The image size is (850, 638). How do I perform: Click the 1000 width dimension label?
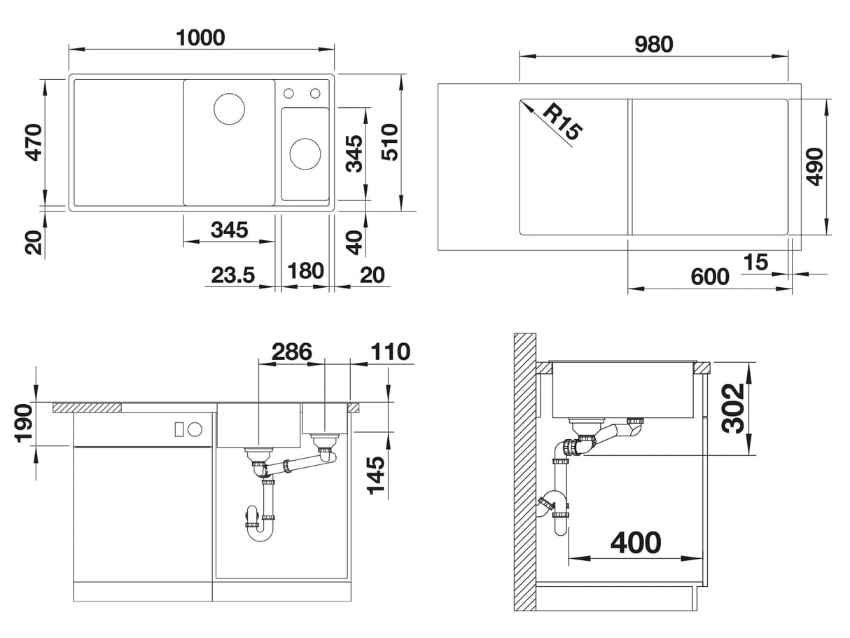coord(200,38)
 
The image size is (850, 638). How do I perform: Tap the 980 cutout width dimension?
coord(654,44)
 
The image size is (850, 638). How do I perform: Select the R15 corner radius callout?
coord(562,122)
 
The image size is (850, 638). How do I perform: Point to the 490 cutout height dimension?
coord(814,167)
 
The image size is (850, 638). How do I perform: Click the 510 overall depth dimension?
coord(389,142)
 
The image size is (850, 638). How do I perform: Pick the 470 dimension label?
coord(34,142)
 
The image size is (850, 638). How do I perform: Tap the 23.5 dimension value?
coord(232,275)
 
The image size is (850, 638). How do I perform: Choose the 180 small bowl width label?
coord(305,270)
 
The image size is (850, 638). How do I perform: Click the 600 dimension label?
coord(710,277)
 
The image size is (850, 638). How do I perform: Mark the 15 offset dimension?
coord(755,262)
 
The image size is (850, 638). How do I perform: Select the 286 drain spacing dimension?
coord(291,352)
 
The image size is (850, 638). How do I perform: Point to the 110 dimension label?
coord(390,352)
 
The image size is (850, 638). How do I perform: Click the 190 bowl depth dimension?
coord(23,423)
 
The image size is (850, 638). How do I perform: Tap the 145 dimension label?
coord(375,476)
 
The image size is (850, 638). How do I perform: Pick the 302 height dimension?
coord(733,408)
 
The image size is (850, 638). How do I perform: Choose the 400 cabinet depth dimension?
coord(636,542)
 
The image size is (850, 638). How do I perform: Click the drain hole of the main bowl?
coord(229,109)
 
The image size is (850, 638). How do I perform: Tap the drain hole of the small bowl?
coord(305,154)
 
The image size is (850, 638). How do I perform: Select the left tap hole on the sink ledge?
coord(288,93)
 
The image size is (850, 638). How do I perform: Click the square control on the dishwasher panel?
coord(179,429)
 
